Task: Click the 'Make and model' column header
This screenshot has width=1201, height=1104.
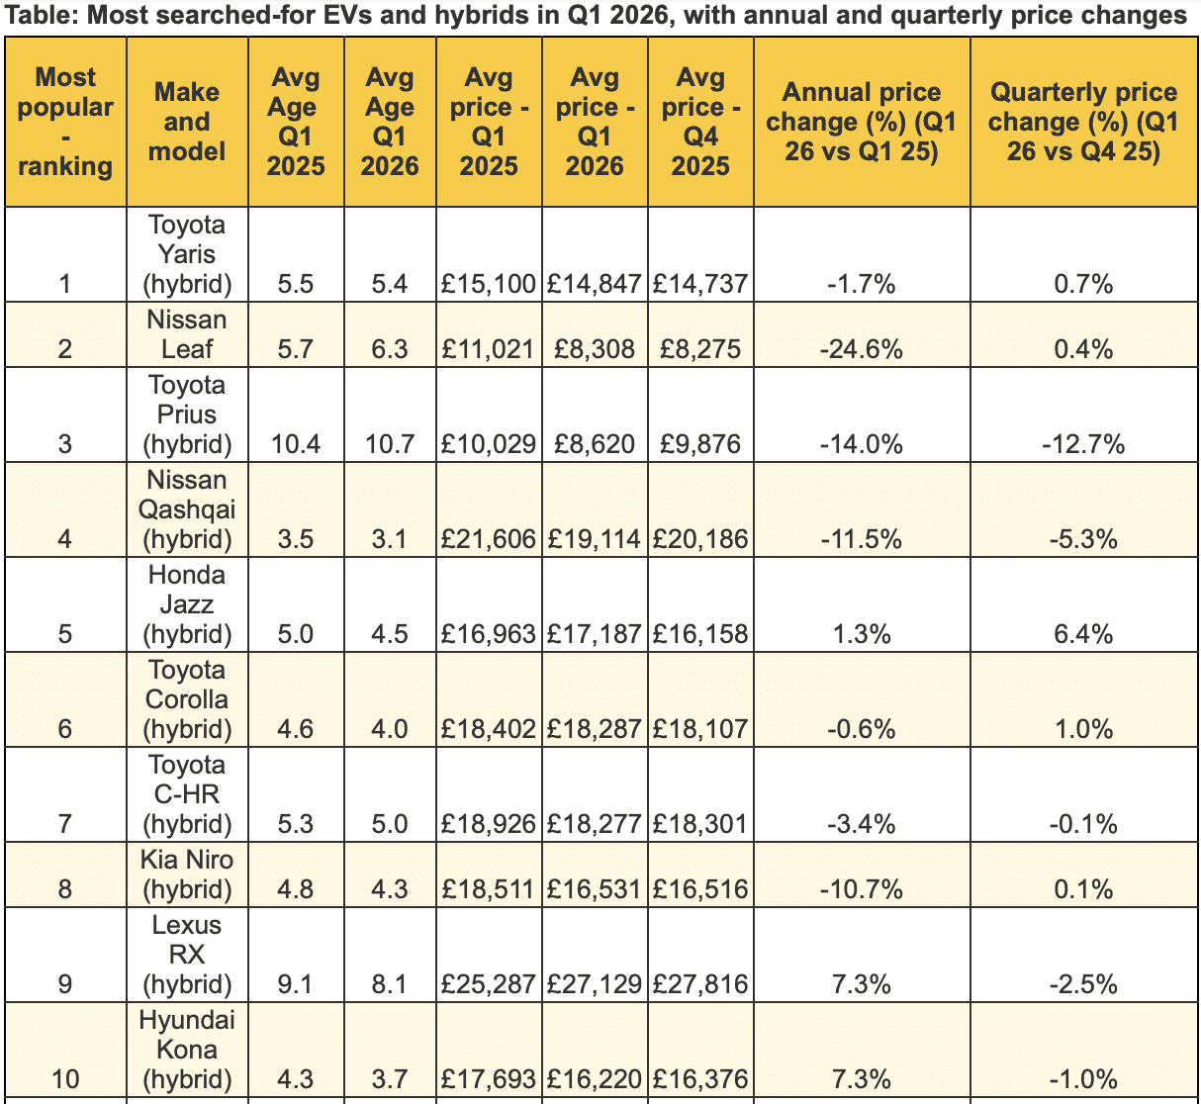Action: click(187, 122)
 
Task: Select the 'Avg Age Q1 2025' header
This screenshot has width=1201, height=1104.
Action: click(296, 122)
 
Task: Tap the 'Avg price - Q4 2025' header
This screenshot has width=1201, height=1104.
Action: click(700, 122)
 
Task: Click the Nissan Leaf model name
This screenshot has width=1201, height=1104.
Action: click(187, 334)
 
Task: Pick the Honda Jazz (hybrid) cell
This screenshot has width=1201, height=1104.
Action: click(187, 604)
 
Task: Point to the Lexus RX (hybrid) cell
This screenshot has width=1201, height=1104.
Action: click(187, 955)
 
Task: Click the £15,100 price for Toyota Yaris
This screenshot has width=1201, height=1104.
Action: click(489, 283)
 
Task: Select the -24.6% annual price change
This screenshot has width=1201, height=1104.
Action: click(862, 349)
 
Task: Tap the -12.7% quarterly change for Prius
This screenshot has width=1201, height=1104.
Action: click(1083, 444)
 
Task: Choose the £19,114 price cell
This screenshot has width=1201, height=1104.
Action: click(594, 539)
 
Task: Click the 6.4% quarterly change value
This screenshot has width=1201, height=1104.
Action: click(1083, 634)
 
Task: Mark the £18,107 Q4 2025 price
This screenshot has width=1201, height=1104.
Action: click(700, 729)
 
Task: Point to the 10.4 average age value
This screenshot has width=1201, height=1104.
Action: click(296, 444)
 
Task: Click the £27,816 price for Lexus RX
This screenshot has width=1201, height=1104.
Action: click(700, 984)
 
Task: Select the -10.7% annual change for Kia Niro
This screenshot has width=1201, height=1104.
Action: click(862, 889)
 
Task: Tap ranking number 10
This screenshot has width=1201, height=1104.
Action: click(65, 1079)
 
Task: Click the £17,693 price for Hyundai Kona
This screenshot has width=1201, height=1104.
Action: click(489, 1079)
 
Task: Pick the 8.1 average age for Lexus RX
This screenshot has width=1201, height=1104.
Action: click(390, 984)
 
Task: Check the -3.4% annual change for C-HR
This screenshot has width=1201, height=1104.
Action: click(862, 824)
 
